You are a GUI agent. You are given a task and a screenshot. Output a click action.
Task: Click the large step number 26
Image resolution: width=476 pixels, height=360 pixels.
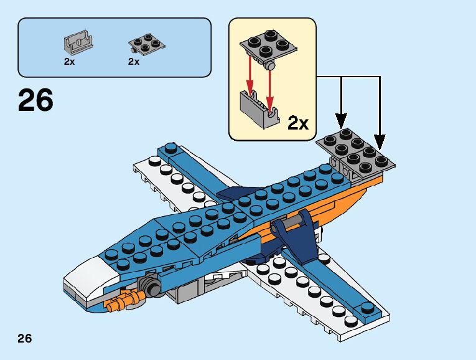[x=35, y=100]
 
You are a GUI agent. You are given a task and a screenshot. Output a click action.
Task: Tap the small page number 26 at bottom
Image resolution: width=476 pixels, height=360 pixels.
[x=24, y=339]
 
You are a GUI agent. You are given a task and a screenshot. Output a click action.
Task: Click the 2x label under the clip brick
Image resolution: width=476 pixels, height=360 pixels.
[x=69, y=62]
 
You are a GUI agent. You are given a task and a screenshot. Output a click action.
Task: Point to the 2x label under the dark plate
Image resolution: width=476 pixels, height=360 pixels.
[x=134, y=62]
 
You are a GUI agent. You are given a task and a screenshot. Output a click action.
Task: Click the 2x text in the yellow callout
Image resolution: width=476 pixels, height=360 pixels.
[x=298, y=123]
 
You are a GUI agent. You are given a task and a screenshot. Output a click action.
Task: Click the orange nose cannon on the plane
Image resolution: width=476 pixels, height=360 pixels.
[x=118, y=301]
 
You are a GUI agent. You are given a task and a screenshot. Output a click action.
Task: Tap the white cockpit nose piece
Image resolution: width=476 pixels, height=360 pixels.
[x=87, y=277]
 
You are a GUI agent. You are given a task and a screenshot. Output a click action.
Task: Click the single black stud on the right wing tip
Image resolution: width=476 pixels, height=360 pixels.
[x=366, y=306]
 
